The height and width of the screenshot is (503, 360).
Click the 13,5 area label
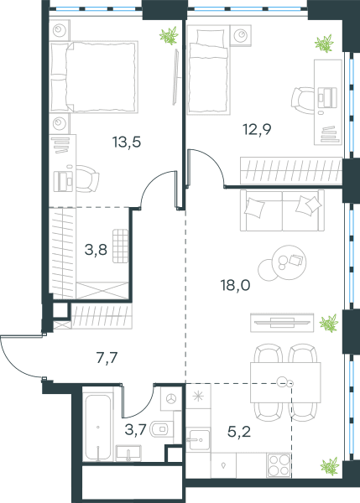(127, 142)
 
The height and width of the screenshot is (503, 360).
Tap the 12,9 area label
(257, 129)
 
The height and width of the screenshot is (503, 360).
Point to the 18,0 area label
(236, 285)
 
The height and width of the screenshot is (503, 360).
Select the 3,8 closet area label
(96, 249)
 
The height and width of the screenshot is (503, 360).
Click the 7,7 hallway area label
(107, 358)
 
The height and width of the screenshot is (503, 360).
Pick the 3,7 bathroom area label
(135, 429)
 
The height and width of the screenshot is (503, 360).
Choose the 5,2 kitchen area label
(239, 432)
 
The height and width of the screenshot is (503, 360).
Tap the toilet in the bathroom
(161, 428)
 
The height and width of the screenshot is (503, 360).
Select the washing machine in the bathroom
(172, 399)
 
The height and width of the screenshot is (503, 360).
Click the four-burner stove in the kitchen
(279, 465)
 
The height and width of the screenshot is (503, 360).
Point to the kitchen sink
(199, 440)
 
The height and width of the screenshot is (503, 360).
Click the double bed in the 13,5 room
(95, 77)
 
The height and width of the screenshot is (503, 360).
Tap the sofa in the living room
(282, 210)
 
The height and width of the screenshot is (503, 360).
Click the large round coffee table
(289, 262)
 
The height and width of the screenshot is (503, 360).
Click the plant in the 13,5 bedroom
(169, 35)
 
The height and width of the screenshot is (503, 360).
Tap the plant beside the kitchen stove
(330, 466)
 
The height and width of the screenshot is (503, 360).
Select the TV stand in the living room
(282, 323)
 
